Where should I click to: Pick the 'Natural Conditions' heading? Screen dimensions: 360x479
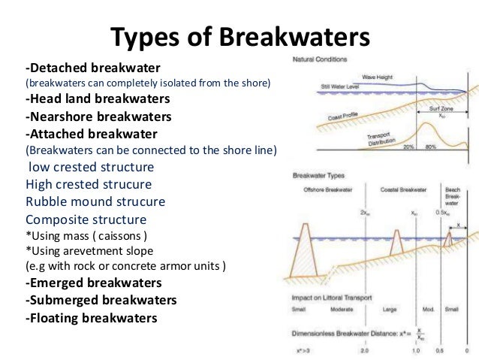pos(316,57)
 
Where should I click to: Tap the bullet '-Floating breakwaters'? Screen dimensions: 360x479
pos(91,318)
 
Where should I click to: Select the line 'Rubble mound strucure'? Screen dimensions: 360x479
pos(95,202)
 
